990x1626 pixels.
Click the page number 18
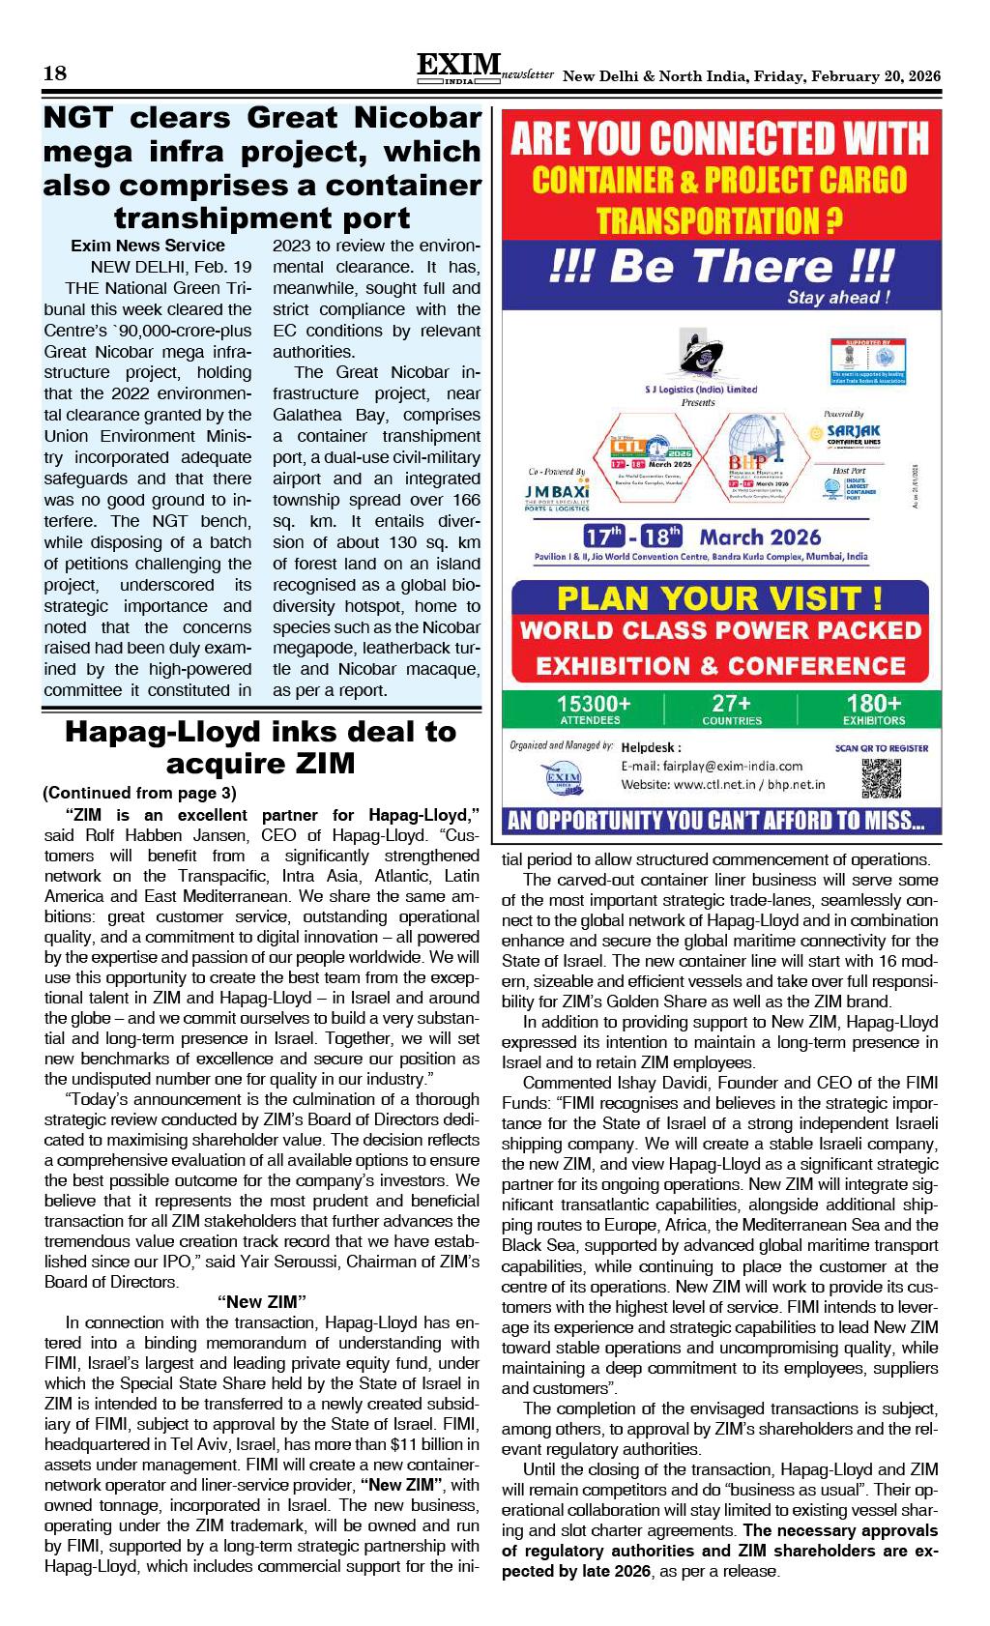[x=54, y=73]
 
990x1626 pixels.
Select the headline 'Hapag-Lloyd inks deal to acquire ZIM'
[x=260, y=747]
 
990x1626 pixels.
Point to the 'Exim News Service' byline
[x=148, y=246]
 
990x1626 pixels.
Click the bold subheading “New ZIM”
[x=262, y=1300]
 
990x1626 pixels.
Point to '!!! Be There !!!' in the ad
[x=720, y=267]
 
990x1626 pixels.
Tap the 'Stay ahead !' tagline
[x=838, y=298]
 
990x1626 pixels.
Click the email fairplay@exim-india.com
[x=712, y=766]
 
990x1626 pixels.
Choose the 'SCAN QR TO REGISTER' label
[x=881, y=748]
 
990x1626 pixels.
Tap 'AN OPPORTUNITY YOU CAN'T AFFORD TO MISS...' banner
[x=716, y=822]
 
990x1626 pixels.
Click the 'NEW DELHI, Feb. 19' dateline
[x=171, y=267]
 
